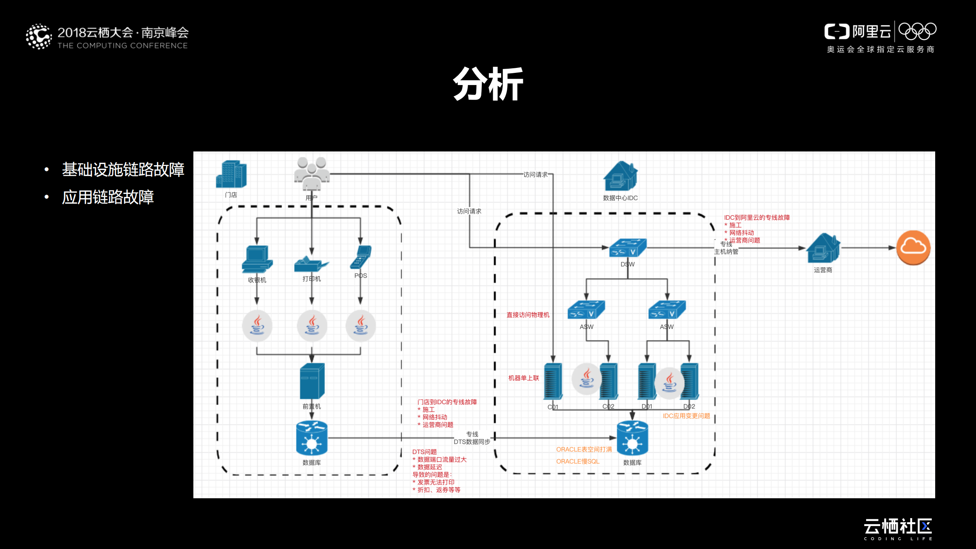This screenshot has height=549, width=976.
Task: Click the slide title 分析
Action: click(488, 84)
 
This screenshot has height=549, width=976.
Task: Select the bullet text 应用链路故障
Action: click(108, 197)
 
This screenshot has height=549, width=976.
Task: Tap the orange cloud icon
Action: click(913, 248)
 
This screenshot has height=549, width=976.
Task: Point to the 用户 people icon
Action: click(312, 174)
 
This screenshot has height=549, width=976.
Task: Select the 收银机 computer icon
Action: click(257, 259)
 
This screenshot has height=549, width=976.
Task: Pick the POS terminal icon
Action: click(360, 257)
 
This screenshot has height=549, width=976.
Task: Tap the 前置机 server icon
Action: click(312, 381)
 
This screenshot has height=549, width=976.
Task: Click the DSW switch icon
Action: click(627, 248)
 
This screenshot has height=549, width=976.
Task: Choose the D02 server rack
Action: click(690, 382)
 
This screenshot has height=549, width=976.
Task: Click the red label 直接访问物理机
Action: click(527, 315)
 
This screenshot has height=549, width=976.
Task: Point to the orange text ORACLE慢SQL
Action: click(577, 461)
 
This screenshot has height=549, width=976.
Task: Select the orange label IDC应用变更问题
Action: click(686, 416)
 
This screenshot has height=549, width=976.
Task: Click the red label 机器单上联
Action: click(523, 378)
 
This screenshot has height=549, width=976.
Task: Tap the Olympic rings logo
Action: click(917, 31)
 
